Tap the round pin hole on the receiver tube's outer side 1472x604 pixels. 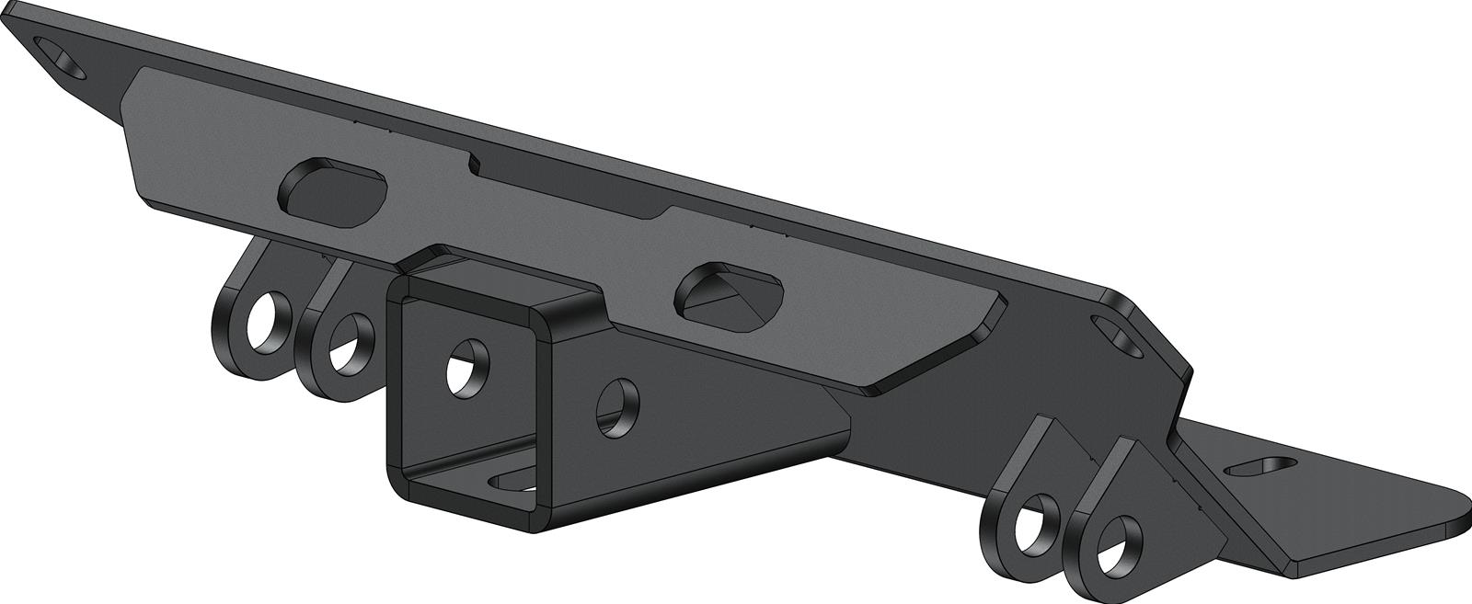click(x=617, y=406)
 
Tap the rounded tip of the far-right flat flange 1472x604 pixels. click(x=1449, y=519)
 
